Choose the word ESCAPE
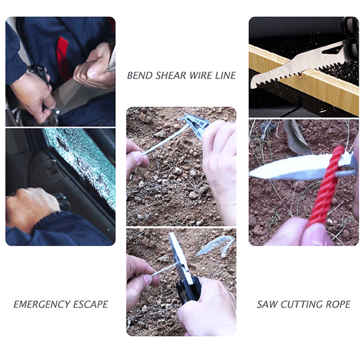click(x=90, y=304)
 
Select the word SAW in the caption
click(x=268, y=304)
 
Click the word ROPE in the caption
click(x=338, y=304)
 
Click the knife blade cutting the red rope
click(x=288, y=170)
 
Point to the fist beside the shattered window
click(x=30, y=207)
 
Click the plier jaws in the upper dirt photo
click(x=198, y=123)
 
